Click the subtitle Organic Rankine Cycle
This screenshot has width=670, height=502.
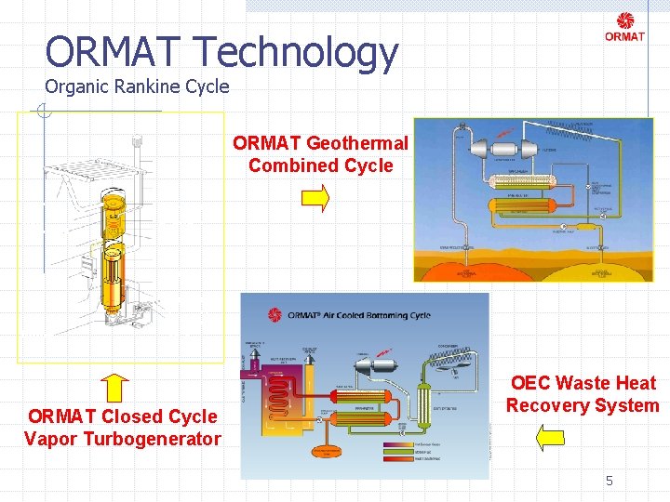tap(137, 87)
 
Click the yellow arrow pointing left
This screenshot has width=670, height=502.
tap(552, 436)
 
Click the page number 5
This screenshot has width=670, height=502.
tap(610, 481)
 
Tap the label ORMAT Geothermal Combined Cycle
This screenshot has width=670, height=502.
tap(320, 154)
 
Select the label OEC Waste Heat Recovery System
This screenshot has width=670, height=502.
tap(583, 394)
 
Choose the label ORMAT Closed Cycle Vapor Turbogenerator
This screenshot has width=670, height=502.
tap(123, 428)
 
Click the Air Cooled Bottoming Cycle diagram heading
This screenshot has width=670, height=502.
tap(359, 315)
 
